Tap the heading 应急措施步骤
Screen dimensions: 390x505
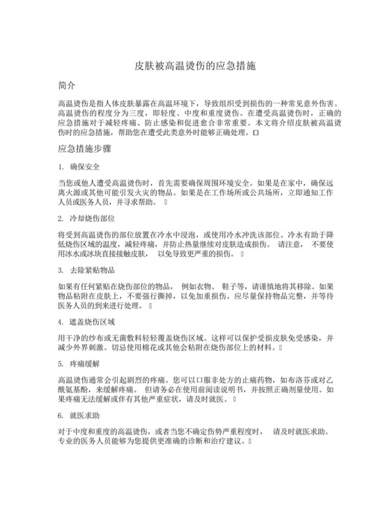83,148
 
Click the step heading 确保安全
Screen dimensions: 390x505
86,167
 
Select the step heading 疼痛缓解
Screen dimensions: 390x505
86,364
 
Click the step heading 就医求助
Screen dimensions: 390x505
86,415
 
